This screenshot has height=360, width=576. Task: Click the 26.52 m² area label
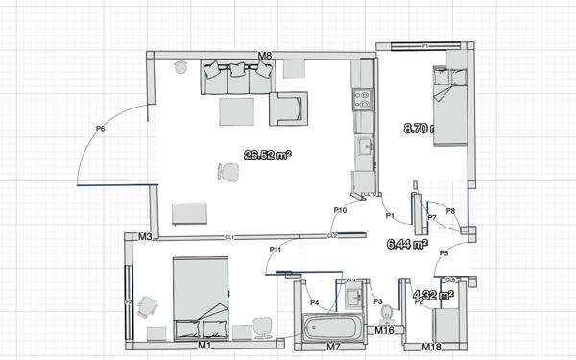click(x=268, y=154)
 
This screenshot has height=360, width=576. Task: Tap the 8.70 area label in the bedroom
click(x=420, y=127)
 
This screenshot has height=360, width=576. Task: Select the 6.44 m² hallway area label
click(x=407, y=246)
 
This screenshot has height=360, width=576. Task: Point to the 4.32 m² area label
click(x=432, y=296)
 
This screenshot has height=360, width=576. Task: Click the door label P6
click(x=101, y=128)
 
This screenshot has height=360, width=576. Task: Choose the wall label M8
click(x=266, y=57)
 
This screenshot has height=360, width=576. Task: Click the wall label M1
click(x=204, y=344)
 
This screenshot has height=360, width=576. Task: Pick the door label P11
click(x=275, y=251)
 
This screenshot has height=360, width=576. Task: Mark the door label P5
click(x=444, y=253)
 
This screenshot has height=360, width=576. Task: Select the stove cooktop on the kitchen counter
click(x=362, y=96)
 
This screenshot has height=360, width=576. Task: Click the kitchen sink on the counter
click(x=365, y=147)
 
